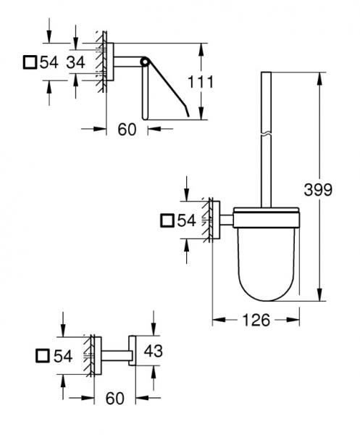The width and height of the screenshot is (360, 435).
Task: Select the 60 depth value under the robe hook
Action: (x=115, y=398)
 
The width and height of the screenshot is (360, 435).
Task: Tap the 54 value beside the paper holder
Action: (x=49, y=62)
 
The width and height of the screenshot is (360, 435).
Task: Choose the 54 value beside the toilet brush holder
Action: (x=187, y=221)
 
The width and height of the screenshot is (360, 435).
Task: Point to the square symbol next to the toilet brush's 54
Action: (x=167, y=221)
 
